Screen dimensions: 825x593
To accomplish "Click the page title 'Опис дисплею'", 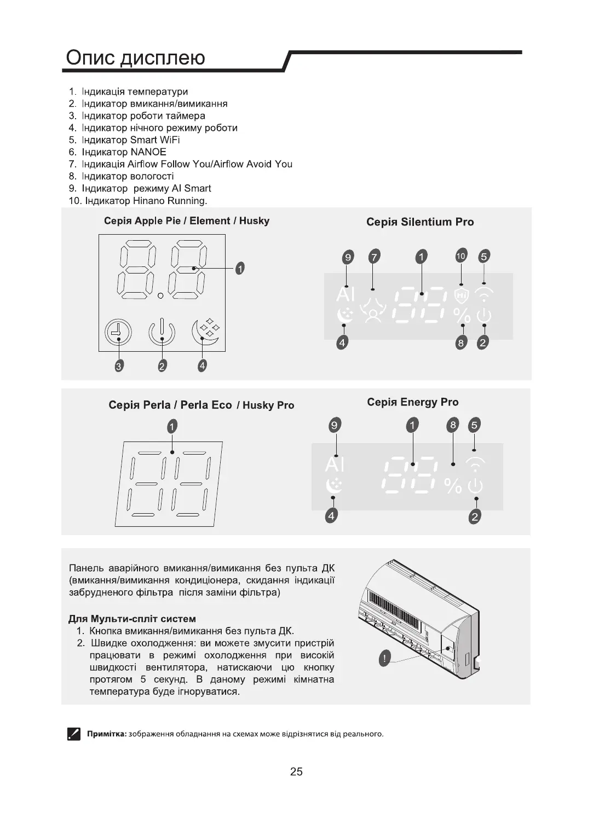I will pyautogui.click(x=135, y=57).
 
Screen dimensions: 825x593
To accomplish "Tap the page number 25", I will pyautogui.click(x=296, y=772).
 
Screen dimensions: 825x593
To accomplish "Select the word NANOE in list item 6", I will pyautogui.click(x=148, y=152).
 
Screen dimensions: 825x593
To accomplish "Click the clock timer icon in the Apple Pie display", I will pyautogui.click(x=118, y=332).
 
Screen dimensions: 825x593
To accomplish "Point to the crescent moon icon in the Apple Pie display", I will pyautogui.click(x=205, y=333).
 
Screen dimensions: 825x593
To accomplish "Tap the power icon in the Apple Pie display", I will pyautogui.click(x=162, y=332).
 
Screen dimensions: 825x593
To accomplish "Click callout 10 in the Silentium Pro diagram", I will pyautogui.click(x=461, y=255).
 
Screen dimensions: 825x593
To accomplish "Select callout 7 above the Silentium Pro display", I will pyautogui.click(x=374, y=256).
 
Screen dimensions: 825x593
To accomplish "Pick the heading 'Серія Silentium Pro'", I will pyautogui.click(x=420, y=222).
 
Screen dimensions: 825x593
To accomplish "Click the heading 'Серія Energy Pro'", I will pyautogui.click(x=413, y=402).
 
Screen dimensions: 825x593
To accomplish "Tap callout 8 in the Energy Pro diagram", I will pyautogui.click(x=453, y=425).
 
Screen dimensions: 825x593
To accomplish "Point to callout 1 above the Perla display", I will pyautogui.click(x=172, y=426).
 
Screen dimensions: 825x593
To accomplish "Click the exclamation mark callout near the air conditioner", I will pyautogui.click(x=385, y=659).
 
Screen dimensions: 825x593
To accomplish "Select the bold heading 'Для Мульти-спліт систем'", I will pyautogui.click(x=132, y=619).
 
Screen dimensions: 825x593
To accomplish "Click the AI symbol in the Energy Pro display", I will pyautogui.click(x=335, y=464).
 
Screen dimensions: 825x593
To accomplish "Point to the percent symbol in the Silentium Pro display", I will pyautogui.click(x=462, y=316).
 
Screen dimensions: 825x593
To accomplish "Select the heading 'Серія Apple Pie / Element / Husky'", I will pyautogui.click(x=187, y=221).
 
